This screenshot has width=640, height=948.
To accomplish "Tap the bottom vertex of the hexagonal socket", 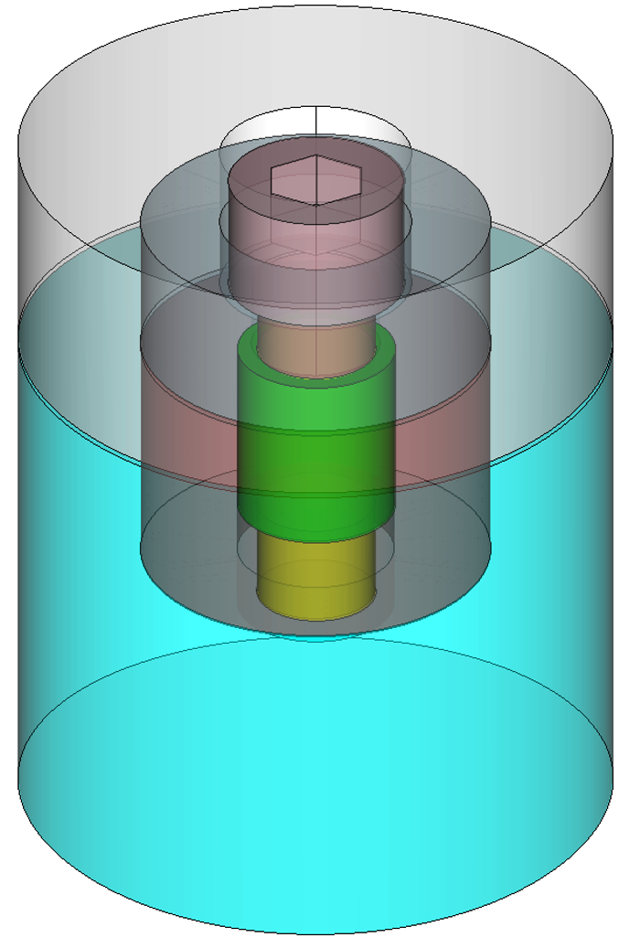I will pos(315,206).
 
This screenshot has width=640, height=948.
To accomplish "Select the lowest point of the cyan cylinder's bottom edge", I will pos(315,933).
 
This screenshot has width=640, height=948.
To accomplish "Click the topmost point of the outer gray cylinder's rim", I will pos(315,5).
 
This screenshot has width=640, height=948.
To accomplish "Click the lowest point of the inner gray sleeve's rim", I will pos(315,635).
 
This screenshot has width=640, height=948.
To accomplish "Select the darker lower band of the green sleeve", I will pos(315,517).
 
